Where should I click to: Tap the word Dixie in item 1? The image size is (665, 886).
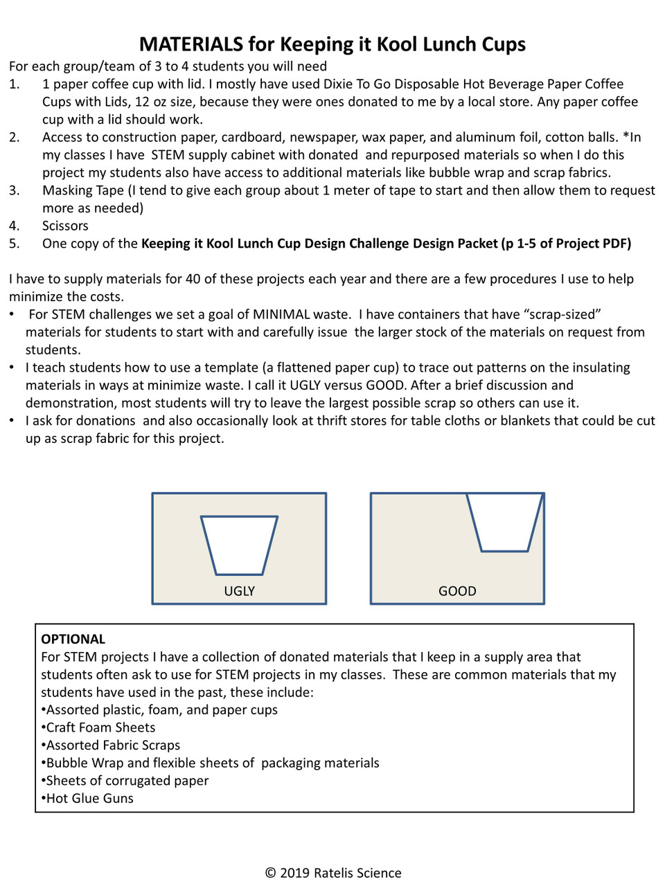click(x=338, y=84)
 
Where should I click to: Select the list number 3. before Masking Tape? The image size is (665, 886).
click(x=15, y=190)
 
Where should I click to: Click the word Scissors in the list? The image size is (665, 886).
click(x=65, y=226)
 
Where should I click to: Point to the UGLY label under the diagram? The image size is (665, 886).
click(x=239, y=591)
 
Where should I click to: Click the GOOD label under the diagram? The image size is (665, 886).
click(x=457, y=591)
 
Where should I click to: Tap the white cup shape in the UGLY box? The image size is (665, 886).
click(x=239, y=544)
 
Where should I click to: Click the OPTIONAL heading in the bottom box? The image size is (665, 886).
click(x=73, y=639)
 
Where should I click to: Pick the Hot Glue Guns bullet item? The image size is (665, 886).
click(x=89, y=798)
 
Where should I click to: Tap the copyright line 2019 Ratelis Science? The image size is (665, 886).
click(x=333, y=873)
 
